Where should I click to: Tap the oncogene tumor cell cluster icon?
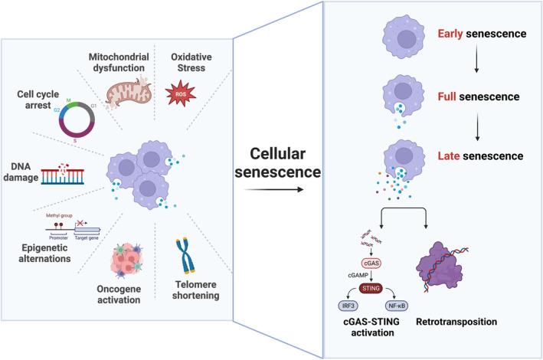point(128,257)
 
